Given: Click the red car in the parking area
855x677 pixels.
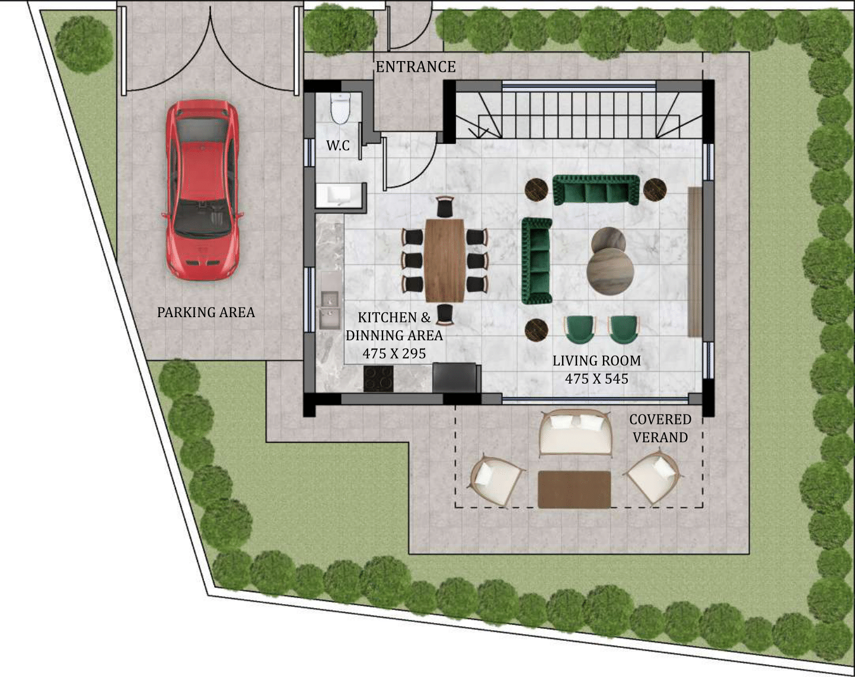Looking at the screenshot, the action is (x=202, y=190).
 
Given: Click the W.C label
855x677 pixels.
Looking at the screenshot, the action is (x=338, y=146).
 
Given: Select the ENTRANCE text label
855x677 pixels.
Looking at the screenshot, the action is (x=416, y=67).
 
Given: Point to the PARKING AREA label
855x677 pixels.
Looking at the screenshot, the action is (x=206, y=312).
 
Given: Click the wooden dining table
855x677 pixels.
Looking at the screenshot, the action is (x=445, y=261).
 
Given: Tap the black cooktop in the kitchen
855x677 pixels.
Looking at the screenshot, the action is (x=379, y=379).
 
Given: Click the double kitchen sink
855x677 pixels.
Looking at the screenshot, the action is (x=330, y=310).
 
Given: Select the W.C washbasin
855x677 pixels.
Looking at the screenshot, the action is (x=340, y=196).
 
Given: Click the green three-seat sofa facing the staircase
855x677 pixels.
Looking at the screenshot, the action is (x=595, y=190).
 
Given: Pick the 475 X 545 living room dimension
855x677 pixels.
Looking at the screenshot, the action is (x=596, y=379).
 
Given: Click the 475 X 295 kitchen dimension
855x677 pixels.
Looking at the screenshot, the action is (x=394, y=353).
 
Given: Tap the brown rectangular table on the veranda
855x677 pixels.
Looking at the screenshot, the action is (x=574, y=489).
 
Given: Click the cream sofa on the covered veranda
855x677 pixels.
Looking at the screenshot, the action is (x=575, y=433).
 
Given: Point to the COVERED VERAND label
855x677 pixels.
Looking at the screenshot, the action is (x=660, y=428).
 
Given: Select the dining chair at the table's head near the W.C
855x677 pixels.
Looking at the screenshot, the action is (x=444, y=206).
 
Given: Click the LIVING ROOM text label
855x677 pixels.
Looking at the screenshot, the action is (x=596, y=361).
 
